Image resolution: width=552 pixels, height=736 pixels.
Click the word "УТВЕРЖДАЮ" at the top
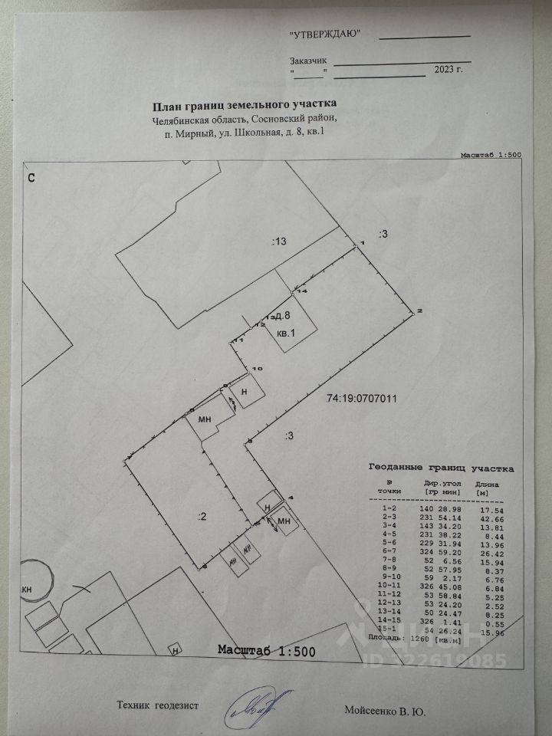click(x=324, y=34)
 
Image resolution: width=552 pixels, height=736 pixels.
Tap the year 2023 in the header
click(x=444, y=70)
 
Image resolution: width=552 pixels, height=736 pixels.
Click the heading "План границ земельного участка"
click(x=245, y=104)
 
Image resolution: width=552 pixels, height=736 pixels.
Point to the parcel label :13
click(x=278, y=242)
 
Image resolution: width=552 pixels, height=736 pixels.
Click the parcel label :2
click(x=202, y=517)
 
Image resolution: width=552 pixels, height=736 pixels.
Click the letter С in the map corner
click(x=32, y=178)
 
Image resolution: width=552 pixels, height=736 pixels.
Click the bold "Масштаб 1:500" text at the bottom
click(x=266, y=650)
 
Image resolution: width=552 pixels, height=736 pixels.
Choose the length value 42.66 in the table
click(x=488, y=519)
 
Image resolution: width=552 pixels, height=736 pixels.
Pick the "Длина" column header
click(x=488, y=484)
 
